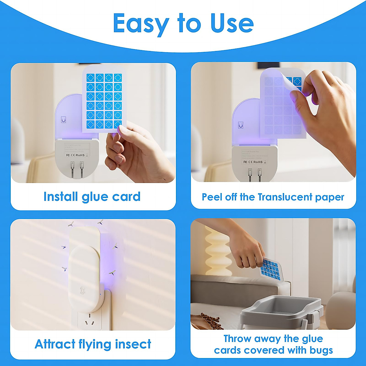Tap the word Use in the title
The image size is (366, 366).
tap(232, 23)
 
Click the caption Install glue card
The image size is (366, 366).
tap(92, 197)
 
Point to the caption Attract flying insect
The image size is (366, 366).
tap(93, 344)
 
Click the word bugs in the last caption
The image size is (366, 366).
tap(321, 350)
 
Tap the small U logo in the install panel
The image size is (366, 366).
tap(63, 120)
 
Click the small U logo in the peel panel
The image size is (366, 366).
tap(241, 125)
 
